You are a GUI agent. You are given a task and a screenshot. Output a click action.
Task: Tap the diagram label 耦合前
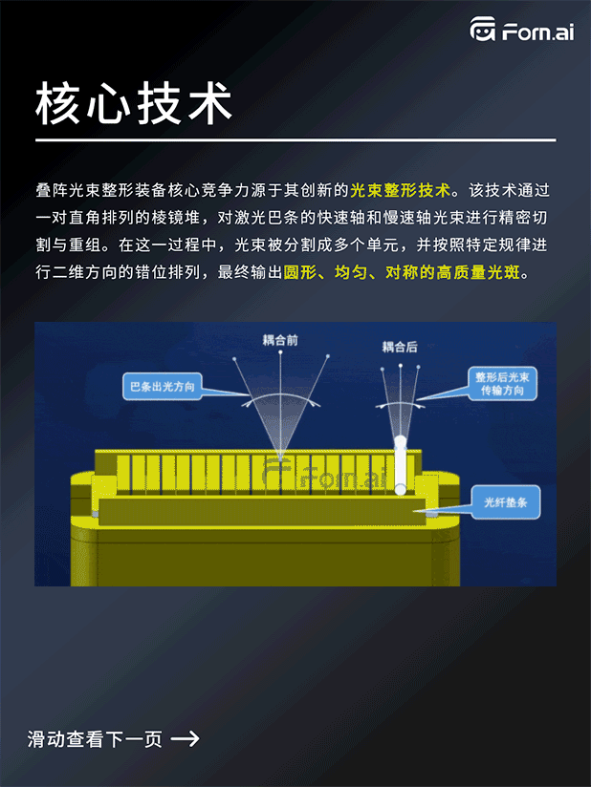pos(280,340)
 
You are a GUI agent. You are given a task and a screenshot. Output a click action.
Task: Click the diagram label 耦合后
pos(400,347)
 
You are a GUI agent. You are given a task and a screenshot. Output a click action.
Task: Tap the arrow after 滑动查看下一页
pos(185,737)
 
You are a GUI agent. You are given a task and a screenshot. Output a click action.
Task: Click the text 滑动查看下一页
pos(96,738)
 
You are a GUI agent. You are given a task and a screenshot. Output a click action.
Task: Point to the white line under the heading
pos(295,140)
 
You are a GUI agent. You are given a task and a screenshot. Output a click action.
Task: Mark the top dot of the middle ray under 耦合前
pos(280,352)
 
